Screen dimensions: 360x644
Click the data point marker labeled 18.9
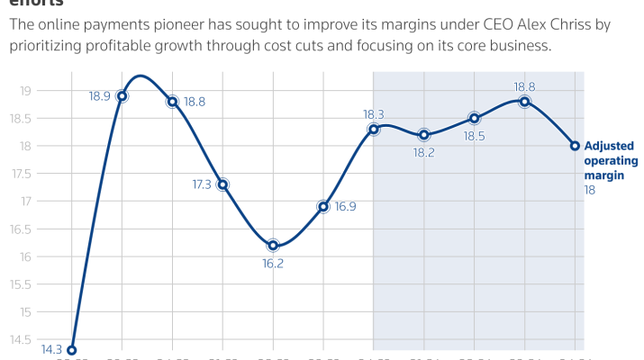122,96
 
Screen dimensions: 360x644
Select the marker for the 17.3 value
222,184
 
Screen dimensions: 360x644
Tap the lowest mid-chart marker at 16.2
273,246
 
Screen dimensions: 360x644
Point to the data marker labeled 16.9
323,206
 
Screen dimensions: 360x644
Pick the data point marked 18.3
374,130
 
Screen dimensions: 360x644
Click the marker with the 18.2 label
424,135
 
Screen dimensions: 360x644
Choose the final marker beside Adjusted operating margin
575,146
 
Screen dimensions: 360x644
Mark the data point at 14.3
71,350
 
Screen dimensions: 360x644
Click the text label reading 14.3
51,350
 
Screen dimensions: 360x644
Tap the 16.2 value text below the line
273,265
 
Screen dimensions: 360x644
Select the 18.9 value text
101,95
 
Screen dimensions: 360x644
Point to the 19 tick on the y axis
25,91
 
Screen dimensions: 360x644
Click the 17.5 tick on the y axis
23,174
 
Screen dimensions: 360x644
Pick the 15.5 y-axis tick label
23,284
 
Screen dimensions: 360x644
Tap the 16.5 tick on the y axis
23,229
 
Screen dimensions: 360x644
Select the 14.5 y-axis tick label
23,340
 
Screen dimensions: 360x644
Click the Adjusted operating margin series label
611,161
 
